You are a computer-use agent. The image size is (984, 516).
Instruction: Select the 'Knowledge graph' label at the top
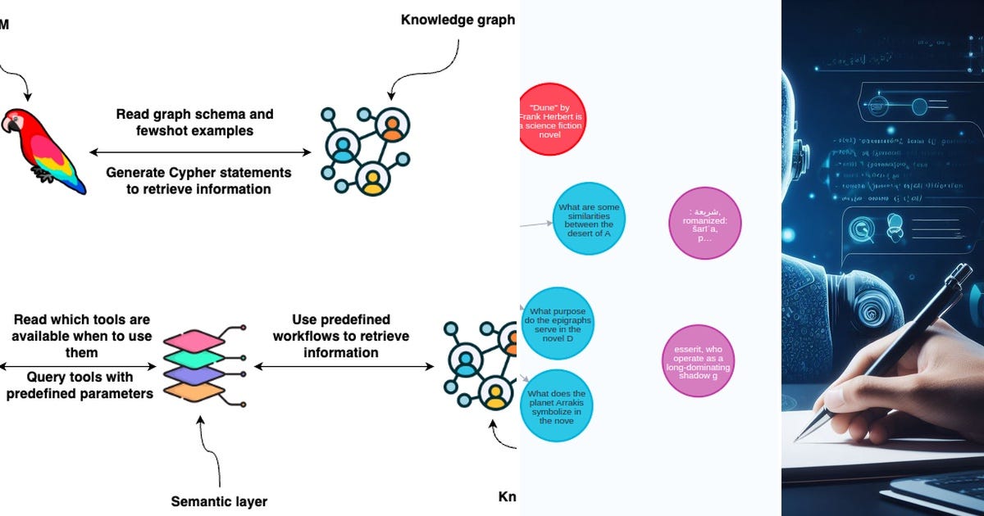(x=458, y=19)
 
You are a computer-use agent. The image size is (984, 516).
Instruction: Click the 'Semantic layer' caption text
(x=219, y=501)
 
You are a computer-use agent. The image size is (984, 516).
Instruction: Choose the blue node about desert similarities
(x=589, y=220)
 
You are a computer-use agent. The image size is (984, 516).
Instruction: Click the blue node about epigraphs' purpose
(x=557, y=324)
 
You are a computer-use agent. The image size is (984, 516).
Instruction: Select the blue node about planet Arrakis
(x=557, y=405)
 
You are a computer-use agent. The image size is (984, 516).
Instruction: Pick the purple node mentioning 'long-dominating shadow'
(x=698, y=361)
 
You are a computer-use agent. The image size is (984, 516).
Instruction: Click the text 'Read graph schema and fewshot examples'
(x=194, y=122)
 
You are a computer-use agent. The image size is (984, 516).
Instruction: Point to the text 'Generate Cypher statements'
(x=198, y=172)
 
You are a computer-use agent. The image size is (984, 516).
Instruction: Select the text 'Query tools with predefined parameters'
(x=79, y=385)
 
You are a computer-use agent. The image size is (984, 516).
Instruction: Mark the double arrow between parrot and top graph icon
(x=200, y=152)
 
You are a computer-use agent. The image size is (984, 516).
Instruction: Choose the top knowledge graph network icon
(x=366, y=149)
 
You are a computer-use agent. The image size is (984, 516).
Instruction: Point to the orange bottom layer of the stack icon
(x=194, y=391)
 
